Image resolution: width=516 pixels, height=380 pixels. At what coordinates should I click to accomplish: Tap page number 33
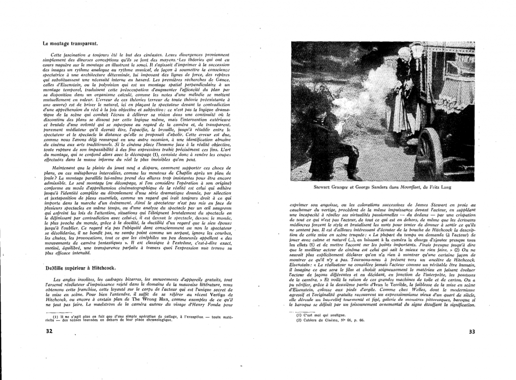click(472, 332)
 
